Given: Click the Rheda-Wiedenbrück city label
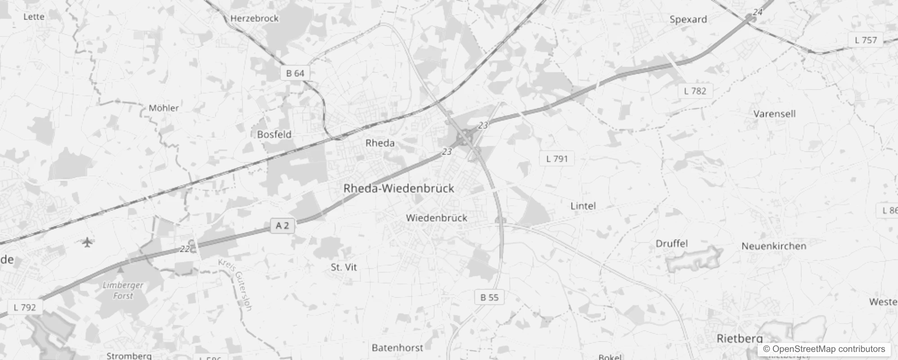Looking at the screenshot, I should pos(399,189).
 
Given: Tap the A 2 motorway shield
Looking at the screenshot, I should pos(282,225).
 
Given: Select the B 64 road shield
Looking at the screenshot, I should pos(295,73).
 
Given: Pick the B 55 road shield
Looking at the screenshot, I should pos(489,297).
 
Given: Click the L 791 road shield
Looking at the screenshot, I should pos(557,159).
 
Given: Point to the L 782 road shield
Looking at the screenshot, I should pos(695,91).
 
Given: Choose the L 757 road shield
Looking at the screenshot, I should pos(866,40).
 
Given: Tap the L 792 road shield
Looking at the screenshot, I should pos(25,308).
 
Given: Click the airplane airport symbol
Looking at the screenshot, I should pos(87,243).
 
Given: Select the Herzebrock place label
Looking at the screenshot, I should pos(254,18).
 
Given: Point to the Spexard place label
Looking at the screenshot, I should pos(688,19).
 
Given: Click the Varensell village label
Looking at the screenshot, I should pos(774,114).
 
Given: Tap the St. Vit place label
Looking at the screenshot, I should pos(344,267).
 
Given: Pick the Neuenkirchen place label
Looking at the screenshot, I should pos(773,246).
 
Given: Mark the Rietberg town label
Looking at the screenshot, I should pos(739,339).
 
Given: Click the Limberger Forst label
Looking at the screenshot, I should pos(123,290).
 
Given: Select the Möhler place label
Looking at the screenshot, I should pos(163,108).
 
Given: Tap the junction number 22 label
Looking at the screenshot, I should pos(184,249).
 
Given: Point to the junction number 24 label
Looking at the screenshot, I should pos(758,12).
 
